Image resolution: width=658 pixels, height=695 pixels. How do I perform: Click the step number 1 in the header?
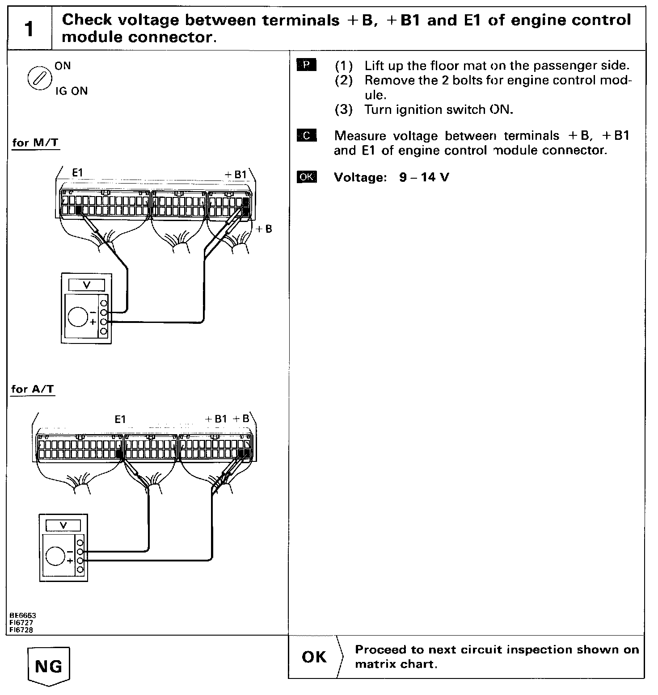tap(29, 29)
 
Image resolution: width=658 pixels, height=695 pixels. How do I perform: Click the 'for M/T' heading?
tap(35, 143)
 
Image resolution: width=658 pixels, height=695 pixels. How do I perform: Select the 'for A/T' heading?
tap(33, 389)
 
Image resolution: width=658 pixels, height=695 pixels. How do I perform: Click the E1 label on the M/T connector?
tap(78, 173)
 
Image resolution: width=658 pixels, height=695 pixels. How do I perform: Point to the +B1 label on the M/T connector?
tap(235, 175)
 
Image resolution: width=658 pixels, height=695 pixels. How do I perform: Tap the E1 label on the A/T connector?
tap(120, 419)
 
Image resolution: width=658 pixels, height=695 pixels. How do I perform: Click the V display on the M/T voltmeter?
tap(87, 285)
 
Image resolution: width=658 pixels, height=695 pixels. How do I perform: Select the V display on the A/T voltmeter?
tap(63, 525)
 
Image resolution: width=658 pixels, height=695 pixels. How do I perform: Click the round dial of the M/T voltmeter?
tap(78, 316)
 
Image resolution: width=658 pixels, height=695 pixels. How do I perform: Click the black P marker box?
tap(306, 65)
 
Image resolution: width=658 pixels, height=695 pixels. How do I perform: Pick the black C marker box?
tap(306, 135)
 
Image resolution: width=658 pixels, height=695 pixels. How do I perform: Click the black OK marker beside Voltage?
tap(306, 177)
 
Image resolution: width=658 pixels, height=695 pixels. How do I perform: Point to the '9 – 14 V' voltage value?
tap(424, 177)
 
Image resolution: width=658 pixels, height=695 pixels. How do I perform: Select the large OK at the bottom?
tap(314, 657)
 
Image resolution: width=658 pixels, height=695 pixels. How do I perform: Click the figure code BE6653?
tap(21, 615)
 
